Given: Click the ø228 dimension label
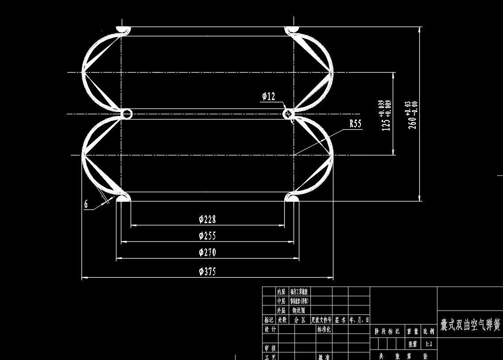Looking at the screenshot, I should pyautogui.click(x=207, y=219).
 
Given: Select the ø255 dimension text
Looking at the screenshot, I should pyautogui.click(x=207, y=236).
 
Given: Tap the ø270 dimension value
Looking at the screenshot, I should pyautogui.click(x=207, y=252).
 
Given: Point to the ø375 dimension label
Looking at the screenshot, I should pyautogui.click(x=207, y=271).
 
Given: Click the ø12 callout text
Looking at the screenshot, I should pyautogui.click(x=268, y=97).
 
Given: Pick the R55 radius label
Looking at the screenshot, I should pyautogui.click(x=355, y=124).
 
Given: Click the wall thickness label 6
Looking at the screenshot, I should pyautogui.click(x=86, y=204).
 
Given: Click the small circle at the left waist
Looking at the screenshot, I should pyautogui.click(x=127, y=114).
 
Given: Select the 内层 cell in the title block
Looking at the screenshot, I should pyautogui.click(x=281, y=292).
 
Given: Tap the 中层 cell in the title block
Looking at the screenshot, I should pyautogui.click(x=281, y=301).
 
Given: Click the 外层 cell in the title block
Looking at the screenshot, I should pyautogui.click(x=281, y=310).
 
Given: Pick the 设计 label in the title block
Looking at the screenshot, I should pyautogui.click(x=270, y=329).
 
